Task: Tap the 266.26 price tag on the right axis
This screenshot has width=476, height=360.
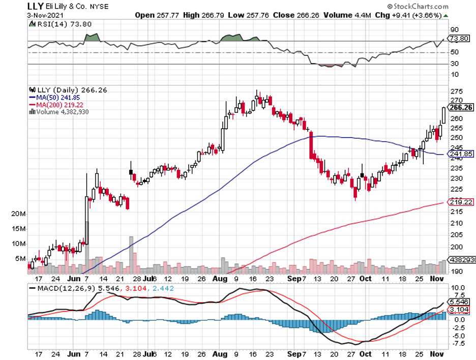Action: (x=462, y=107)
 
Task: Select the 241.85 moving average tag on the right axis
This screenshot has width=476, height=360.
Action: (x=462, y=154)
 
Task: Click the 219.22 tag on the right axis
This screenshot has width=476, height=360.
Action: (x=462, y=202)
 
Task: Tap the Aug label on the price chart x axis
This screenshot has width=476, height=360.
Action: (x=219, y=279)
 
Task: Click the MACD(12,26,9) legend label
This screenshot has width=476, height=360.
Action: (x=61, y=288)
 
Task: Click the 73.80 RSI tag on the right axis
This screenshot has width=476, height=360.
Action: (x=461, y=39)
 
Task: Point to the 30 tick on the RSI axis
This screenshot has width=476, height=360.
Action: (x=454, y=64)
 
